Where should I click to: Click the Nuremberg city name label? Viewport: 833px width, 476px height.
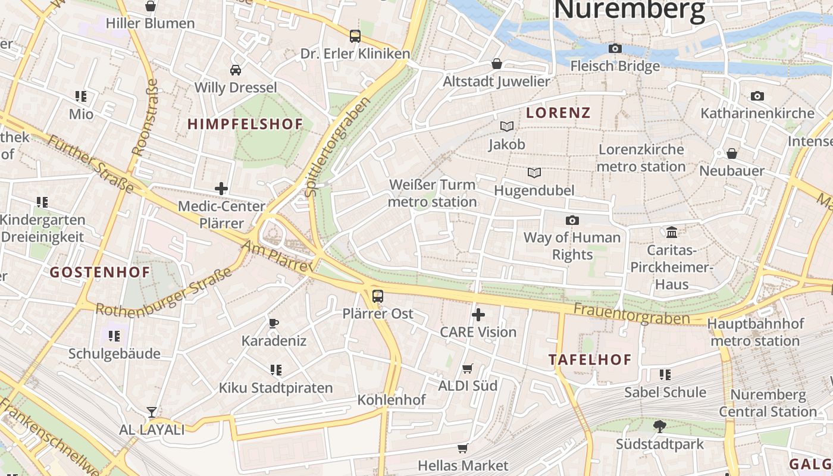pyautogui.click(x=630, y=10)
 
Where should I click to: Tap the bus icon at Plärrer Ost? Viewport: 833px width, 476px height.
pyautogui.click(x=377, y=296)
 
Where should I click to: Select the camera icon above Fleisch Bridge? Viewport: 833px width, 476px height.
pyautogui.click(x=615, y=48)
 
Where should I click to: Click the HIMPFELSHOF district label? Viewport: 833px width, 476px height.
pyautogui.click(x=245, y=124)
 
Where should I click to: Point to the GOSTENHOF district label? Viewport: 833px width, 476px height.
pyautogui.click(x=100, y=273)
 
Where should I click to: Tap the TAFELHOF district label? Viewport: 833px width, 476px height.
pyautogui.click(x=590, y=360)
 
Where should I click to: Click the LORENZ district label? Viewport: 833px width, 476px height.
pyautogui.click(x=558, y=113)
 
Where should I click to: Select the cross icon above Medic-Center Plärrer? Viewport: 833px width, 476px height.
pyautogui.click(x=221, y=189)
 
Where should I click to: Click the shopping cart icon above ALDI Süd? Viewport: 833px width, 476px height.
pyautogui.click(x=468, y=369)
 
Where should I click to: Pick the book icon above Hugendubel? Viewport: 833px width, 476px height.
pyautogui.click(x=534, y=173)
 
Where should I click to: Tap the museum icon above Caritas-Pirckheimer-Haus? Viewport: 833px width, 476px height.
pyautogui.click(x=672, y=232)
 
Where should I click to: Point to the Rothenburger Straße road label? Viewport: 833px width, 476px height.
pyautogui.click(x=164, y=293)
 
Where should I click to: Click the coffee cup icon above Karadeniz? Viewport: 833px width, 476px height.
pyautogui.click(x=274, y=324)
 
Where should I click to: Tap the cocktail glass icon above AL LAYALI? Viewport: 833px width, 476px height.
pyautogui.click(x=152, y=412)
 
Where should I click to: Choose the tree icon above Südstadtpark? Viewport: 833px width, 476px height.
pyautogui.click(x=659, y=426)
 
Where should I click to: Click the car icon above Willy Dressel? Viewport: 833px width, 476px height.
pyautogui.click(x=236, y=70)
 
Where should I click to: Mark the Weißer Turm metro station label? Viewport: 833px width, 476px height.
pyautogui.click(x=433, y=193)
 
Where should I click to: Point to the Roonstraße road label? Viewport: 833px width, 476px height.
pyautogui.click(x=145, y=118)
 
